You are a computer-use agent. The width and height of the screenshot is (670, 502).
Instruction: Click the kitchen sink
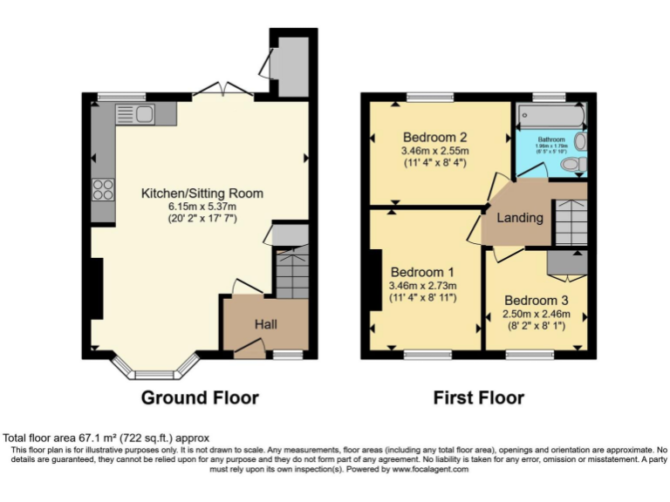(x=134, y=113)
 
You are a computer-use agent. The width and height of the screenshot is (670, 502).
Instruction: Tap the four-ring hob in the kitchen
(x=103, y=189)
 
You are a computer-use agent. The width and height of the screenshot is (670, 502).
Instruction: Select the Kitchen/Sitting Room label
(x=202, y=193)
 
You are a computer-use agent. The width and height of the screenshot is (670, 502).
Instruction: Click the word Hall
(x=266, y=324)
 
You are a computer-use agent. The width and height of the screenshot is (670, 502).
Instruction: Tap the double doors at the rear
(x=223, y=90)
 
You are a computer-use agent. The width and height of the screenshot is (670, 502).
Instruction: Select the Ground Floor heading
(x=200, y=398)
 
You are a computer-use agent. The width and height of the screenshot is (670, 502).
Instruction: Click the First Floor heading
(x=478, y=398)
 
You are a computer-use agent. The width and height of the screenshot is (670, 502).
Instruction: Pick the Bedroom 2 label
(x=435, y=137)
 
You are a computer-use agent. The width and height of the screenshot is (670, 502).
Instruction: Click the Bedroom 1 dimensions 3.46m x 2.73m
(x=422, y=285)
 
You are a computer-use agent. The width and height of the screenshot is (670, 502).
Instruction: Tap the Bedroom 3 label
(x=537, y=300)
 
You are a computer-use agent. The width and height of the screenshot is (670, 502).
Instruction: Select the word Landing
(x=520, y=218)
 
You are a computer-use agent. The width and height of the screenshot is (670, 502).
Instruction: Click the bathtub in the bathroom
(x=550, y=116)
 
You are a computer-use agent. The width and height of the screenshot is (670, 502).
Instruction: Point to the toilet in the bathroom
(x=572, y=164)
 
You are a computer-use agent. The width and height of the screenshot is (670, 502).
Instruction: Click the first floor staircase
(x=571, y=222)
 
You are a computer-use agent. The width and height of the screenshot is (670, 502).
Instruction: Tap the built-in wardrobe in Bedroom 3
(x=567, y=264)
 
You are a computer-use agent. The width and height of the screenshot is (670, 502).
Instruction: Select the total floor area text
(x=106, y=438)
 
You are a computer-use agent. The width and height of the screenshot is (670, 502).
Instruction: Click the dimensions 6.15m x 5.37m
(x=202, y=207)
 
